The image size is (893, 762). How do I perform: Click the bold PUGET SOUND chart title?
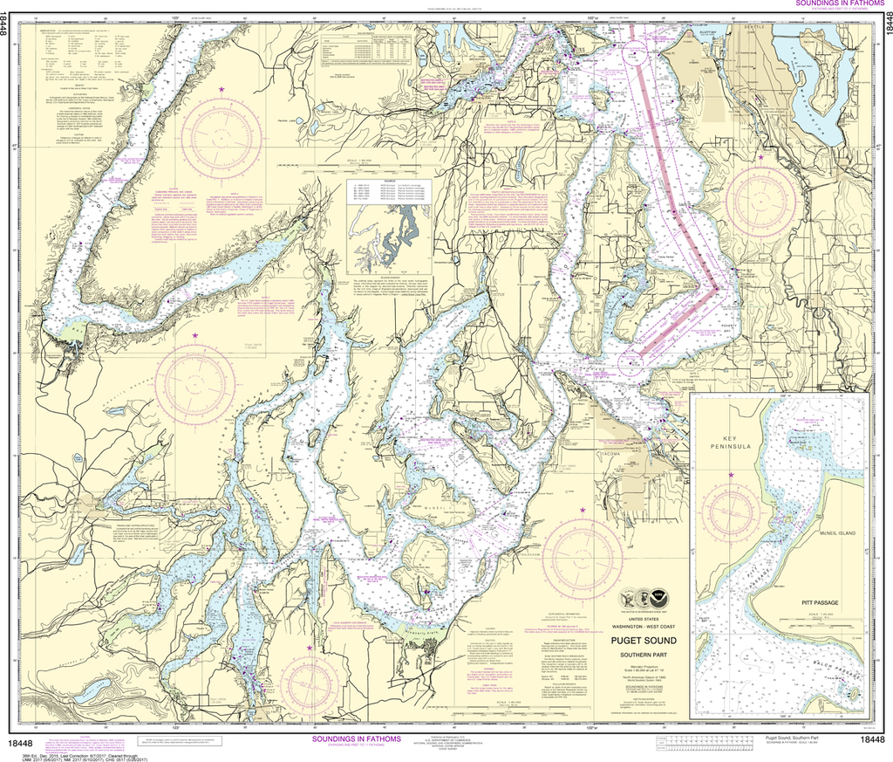click(646, 641)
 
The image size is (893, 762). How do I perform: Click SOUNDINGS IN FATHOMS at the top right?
click(836, 4)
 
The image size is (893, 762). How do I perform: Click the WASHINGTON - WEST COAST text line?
click(646, 627)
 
